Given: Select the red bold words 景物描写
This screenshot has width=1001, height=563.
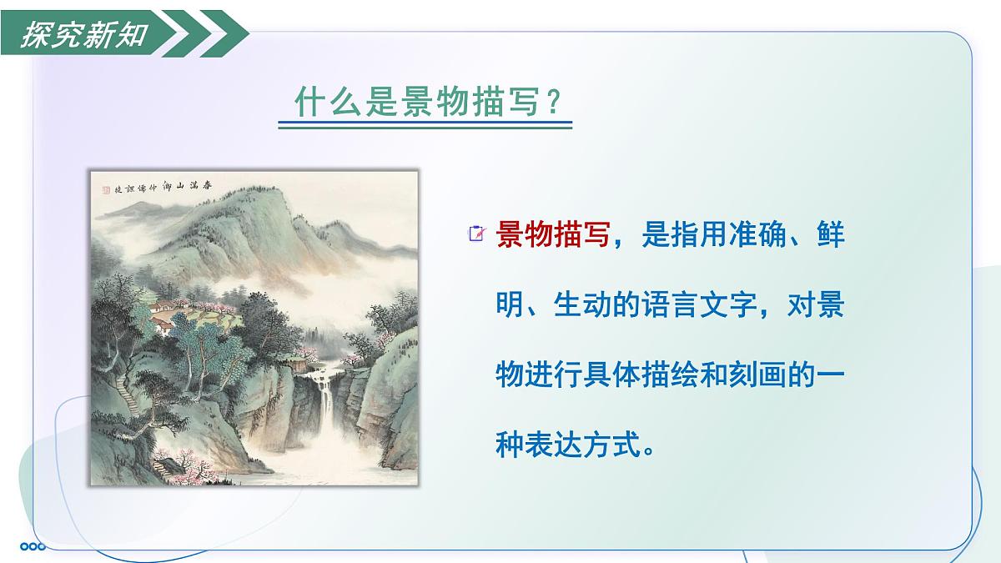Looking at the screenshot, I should [553, 235].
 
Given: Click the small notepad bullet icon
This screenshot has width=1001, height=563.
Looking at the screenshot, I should [477, 235].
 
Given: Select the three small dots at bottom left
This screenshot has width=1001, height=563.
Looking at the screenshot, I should [33, 546].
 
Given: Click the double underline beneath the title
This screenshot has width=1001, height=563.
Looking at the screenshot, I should [425, 126].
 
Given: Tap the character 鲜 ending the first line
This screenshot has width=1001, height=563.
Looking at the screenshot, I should [831, 235].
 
